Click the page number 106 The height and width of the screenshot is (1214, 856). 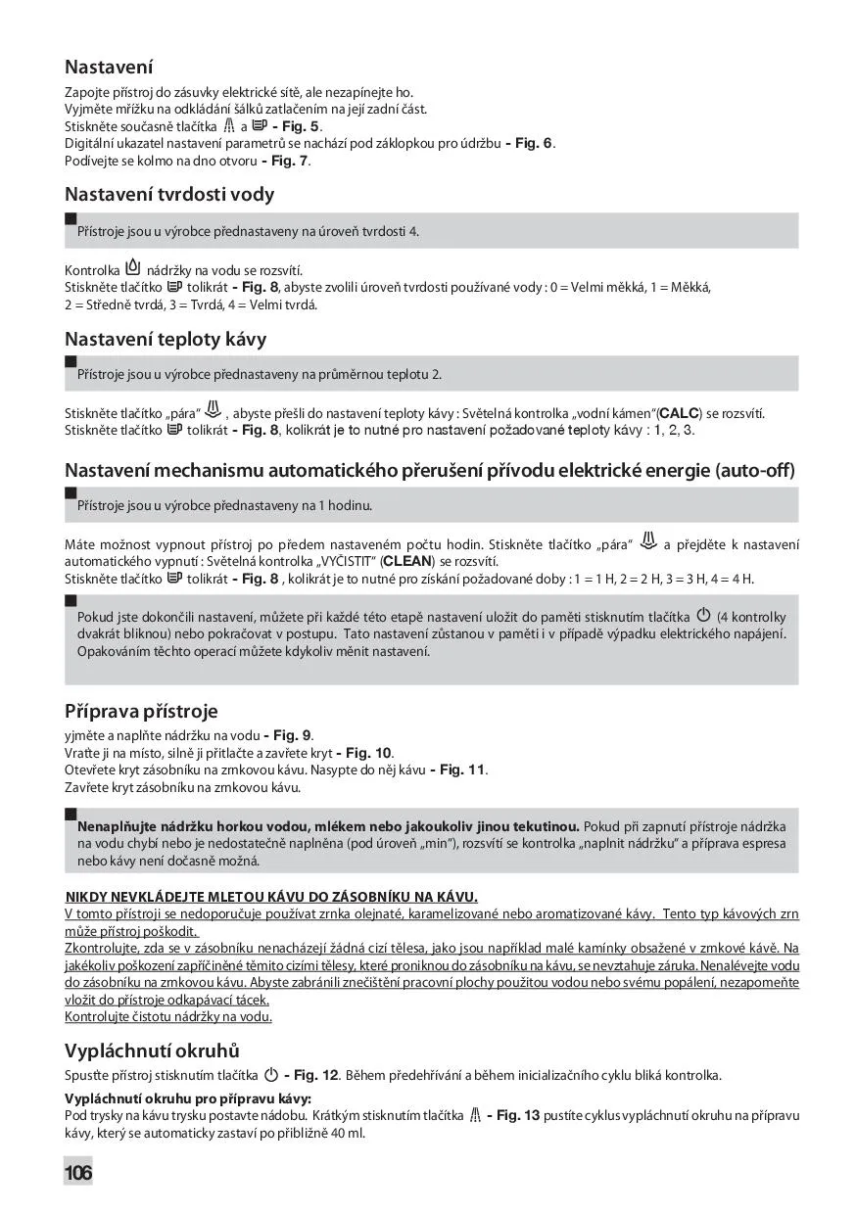tap(78, 1172)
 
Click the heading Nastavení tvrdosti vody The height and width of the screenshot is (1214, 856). tap(169, 194)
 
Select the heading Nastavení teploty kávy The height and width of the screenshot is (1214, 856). tap(166, 339)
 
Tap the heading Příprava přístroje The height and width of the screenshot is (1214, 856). tap(141, 710)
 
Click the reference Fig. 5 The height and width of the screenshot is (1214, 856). tap(300, 126)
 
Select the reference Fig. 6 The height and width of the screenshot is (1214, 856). tap(534, 144)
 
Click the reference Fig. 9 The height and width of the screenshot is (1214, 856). tap(292, 734)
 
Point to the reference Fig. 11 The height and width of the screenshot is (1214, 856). tap(462, 770)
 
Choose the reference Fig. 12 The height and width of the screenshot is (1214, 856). tap(315, 1075)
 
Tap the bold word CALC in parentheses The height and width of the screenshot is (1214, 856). tap(681, 413)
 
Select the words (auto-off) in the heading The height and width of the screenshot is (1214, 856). tap(755, 471)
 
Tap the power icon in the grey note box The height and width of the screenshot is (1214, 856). tap(702, 615)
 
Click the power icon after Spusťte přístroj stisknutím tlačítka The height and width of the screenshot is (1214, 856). tap(271, 1074)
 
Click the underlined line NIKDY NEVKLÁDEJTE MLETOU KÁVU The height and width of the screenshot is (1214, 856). tap(271, 896)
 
